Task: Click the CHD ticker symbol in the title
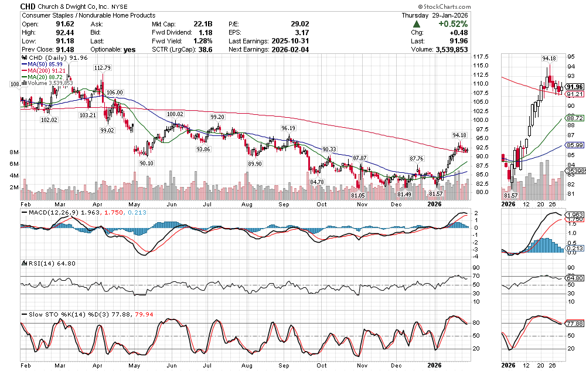coord(28,5)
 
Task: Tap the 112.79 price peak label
coord(103,68)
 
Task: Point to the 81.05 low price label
coord(358,195)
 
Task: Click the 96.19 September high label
coord(288,128)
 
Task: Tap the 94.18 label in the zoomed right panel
coord(548,59)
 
